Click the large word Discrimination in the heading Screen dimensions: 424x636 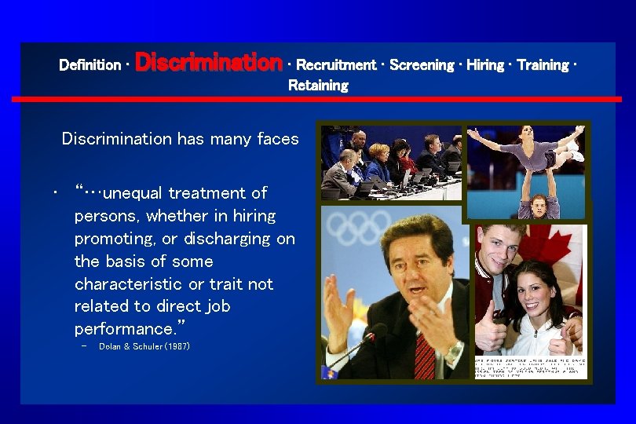pos(209,62)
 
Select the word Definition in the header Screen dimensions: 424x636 pos(90,65)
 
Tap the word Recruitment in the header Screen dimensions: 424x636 pos(335,65)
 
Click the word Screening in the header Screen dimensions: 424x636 pos(421,65)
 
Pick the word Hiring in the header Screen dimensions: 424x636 pos(485,65)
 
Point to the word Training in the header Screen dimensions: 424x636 pos(543,65)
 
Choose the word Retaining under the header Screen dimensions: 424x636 pos(318,86)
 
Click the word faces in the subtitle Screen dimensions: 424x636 pos(278,139)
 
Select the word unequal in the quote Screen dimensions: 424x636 pos(133,193)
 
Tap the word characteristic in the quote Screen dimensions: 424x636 pos(127,283)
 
